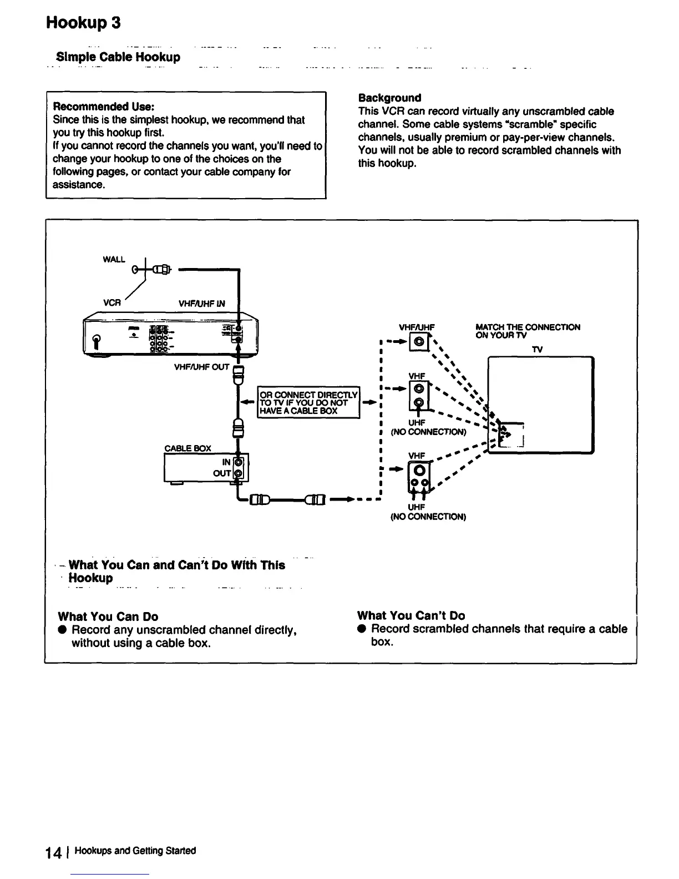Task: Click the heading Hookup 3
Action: [83, 23]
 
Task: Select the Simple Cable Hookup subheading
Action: [118, 57]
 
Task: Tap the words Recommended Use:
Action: [103, 106]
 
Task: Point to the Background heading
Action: [389, 98]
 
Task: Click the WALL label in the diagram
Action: [114, 260]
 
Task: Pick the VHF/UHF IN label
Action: [202, 304]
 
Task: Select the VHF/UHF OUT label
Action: [202, 367]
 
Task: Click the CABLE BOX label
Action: [188, 448]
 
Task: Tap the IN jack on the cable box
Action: [239, 462]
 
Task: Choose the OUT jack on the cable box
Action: [239, 473]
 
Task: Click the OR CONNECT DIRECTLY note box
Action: [309, 402]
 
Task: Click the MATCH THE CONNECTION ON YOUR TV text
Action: [527, 331]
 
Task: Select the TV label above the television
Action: [537, 349]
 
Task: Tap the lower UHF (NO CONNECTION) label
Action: [428, 512]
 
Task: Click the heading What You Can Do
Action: [108, 617]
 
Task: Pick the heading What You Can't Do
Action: [411, 615]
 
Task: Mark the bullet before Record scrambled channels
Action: [361, 629]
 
